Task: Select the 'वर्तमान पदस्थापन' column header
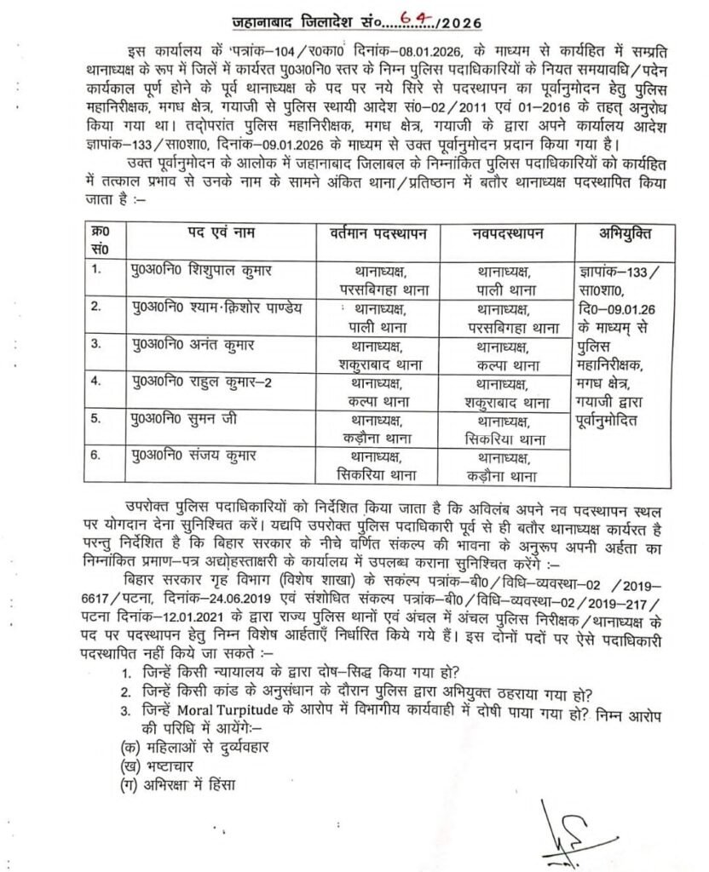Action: tap(377, 233)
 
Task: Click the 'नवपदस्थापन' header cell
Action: tap(505, 233)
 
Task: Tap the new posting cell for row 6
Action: tap(504, 465)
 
